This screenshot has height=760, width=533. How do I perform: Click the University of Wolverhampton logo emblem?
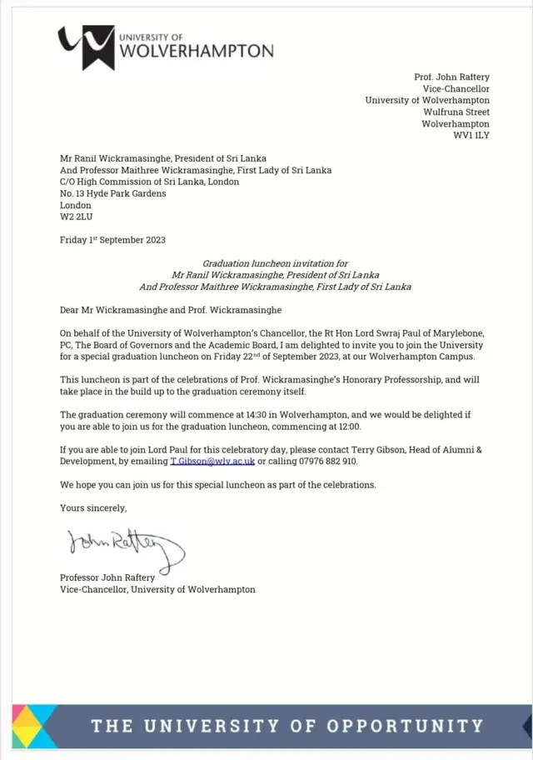[x=86, y=47]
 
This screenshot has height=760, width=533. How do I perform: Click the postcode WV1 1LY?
[x=471, y=135]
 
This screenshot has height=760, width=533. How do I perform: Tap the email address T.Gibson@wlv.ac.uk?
[x=212, y=461]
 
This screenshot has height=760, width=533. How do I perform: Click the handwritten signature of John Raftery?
[x=126, y=544]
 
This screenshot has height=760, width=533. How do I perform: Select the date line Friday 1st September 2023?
[x=112, y=240]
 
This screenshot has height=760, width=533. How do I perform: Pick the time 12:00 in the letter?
[x=346, y=426]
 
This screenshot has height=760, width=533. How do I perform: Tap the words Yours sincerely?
[x=93, y=507]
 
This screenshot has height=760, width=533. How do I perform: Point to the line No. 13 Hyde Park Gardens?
[x=112, y=193]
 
